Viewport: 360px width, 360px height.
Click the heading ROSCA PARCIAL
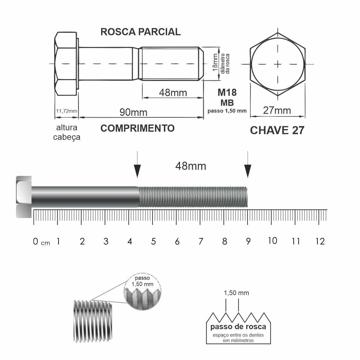(x=140, y=32)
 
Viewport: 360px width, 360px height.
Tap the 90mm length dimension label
(x=133, y=112)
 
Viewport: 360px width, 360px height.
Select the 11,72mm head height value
(x=67, y=111)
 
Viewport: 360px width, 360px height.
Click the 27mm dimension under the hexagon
(x=277, y=111)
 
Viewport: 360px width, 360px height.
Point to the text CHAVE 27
(x=277, y=130)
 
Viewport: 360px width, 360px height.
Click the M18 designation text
(x=227, y=92)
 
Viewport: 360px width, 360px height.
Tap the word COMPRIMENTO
(x=137, y=128)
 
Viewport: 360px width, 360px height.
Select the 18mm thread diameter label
(x=215, y=62)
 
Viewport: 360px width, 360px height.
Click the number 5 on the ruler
(x=153, y=241)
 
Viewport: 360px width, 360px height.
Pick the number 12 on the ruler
(x=320, y=241)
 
